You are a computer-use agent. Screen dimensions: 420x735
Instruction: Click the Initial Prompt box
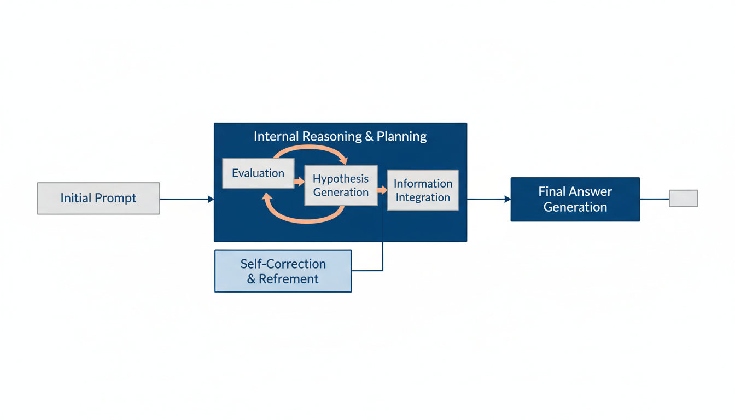tap(98, 198)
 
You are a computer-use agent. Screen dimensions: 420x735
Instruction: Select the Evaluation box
tap(258, 173)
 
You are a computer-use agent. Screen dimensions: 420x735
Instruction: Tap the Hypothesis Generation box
tap(341, 185)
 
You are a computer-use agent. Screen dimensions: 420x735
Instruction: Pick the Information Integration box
tap(423, 190)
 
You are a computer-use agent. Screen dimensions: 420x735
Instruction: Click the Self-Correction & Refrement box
tap(283, 271)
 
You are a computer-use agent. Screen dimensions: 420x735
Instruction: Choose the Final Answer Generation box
tap(575, 199)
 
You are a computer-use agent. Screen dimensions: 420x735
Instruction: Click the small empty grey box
tap(683, 198)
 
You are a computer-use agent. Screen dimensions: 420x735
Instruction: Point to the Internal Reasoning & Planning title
tap(340, 136)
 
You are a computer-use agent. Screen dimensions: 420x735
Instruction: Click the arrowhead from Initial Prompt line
tap(211, 200)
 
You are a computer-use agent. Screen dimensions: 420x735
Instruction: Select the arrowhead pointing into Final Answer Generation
tap(507, 200)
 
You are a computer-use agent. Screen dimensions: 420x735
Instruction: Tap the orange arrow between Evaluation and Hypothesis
tap(299, 180)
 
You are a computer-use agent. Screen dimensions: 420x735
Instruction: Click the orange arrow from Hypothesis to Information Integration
tap(382, 190)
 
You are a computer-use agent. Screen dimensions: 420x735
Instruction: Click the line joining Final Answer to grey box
tap(654, 199)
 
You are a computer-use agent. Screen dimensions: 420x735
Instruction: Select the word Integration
tap(423, 197)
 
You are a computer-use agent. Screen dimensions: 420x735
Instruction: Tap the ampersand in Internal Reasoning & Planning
tap(369, 136)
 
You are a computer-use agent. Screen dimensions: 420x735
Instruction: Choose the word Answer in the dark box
tap(590, 191)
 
